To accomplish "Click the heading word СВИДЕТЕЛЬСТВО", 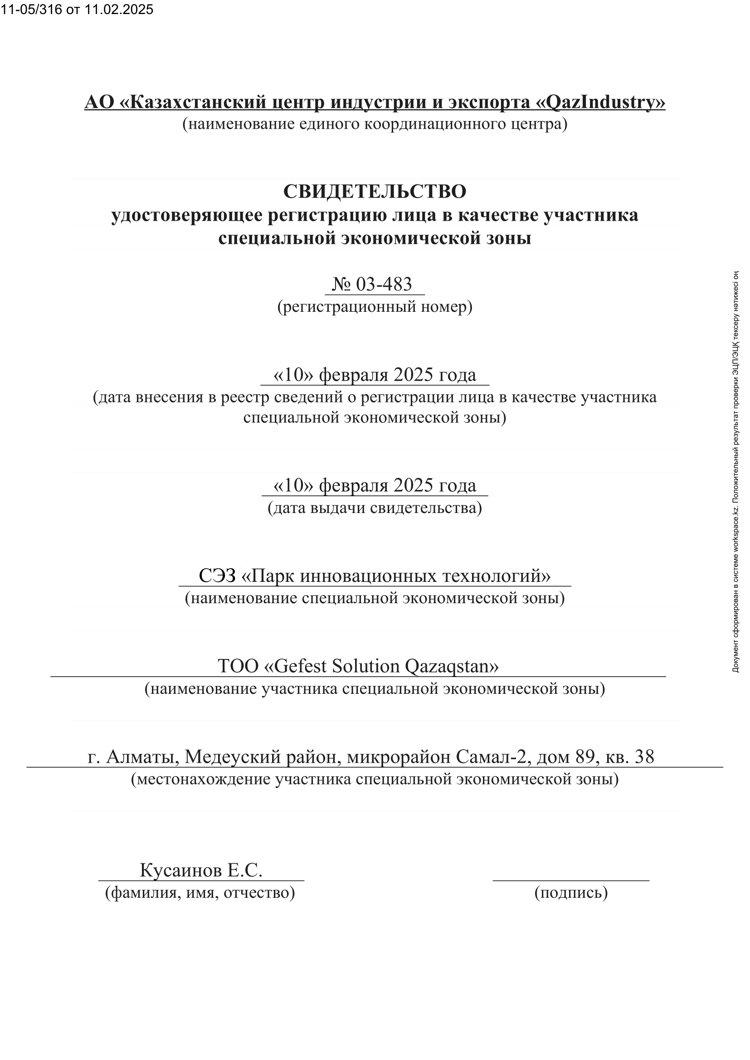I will tap(375, 192).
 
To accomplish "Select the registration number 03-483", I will tap(384, 285).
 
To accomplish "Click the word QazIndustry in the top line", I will tap(604, 102).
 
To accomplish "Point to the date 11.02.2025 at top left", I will tap(119, 10).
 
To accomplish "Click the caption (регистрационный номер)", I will tap(375, 306).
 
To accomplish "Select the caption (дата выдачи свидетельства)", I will tap(375, 508).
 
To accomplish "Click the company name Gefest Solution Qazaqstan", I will tap(381, 666).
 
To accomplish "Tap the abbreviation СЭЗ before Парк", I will tap(217, 576).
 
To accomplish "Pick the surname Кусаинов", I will tap(180, 870).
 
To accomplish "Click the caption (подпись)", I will tap(571, 892).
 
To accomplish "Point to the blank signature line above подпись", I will tap(571, 880).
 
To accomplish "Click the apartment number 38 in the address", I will tap(644, 757).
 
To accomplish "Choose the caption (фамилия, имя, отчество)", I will tap(200, 892).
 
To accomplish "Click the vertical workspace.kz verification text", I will tap(736, 471).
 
